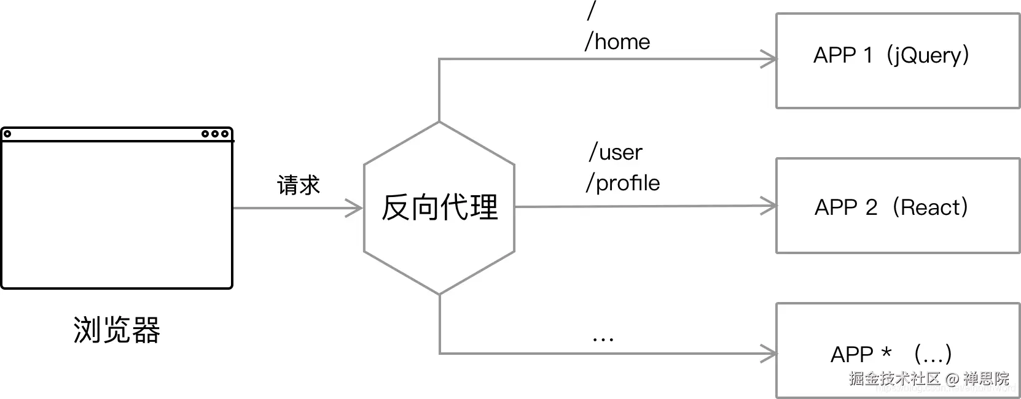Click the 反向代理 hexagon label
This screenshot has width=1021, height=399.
439,207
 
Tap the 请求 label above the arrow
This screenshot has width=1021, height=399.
299,185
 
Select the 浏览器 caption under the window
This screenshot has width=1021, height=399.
117,330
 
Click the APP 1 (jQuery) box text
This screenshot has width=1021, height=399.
891,55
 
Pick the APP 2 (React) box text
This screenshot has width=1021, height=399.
891,207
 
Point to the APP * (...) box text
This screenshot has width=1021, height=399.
891,354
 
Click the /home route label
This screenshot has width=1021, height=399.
617,42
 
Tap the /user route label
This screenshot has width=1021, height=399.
616,152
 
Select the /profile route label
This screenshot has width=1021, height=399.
623,183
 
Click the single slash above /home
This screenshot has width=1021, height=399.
592,10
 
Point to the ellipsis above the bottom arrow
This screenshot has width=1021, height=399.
603,338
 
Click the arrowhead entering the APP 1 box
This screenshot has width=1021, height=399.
769,59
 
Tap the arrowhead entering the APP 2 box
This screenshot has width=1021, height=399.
769,206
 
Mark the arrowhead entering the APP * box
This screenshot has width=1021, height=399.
769,354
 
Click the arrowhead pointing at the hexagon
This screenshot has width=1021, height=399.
354,208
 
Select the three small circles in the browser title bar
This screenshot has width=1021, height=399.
215,134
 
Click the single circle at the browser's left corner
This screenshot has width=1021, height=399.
7,134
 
